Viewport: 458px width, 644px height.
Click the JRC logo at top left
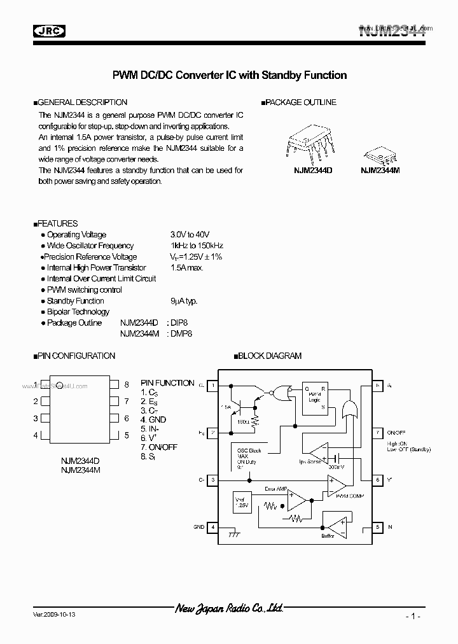coord(50,29)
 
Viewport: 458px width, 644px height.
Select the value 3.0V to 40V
coord(190,235)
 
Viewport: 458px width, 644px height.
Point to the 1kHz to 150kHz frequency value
coord(197,246)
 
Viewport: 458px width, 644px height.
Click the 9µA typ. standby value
coord(184,301)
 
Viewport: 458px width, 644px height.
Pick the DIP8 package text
coord(180,323)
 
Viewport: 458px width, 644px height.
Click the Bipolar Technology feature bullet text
coord(78,312)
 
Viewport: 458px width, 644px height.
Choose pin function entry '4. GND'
coord(153,419)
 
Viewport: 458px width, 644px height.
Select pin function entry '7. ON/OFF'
coord(159,447)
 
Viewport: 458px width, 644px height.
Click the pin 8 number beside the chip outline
coord(127,384)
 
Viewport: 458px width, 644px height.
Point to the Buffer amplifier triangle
coord(335,525)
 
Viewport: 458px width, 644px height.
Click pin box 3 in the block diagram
coord(213,480)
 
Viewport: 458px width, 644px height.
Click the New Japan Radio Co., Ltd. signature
coord(228,609)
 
